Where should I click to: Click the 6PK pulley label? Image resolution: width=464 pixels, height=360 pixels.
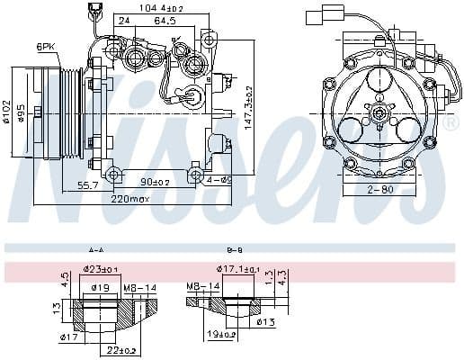[x=45, y=46]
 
